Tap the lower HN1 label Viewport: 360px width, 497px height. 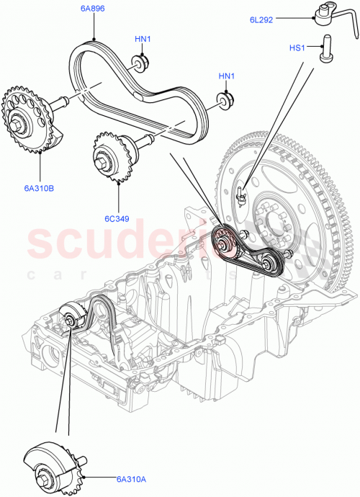pyautogui.click(x=228, y=76)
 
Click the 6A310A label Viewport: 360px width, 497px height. pyautogui.click(x=107, y=478)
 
